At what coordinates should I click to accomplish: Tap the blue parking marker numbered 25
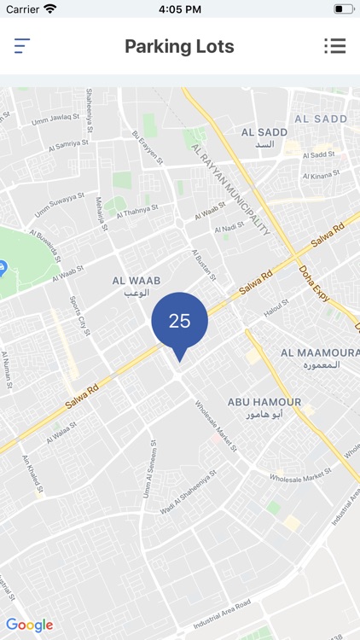coord(179,322)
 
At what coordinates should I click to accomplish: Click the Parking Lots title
coord(179,46)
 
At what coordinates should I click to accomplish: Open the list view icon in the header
coord(334,46)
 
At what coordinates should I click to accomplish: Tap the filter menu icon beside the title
coord(22,46)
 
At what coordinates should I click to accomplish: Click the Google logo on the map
coord(29,625)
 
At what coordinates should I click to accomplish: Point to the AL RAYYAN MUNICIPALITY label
coord(231,189)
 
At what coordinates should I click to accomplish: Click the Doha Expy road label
coord(315,281)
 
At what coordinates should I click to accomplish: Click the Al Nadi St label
coord(228,230)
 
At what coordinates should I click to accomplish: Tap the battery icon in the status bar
coord(344,9)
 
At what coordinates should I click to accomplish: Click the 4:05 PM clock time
coord(179,9)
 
